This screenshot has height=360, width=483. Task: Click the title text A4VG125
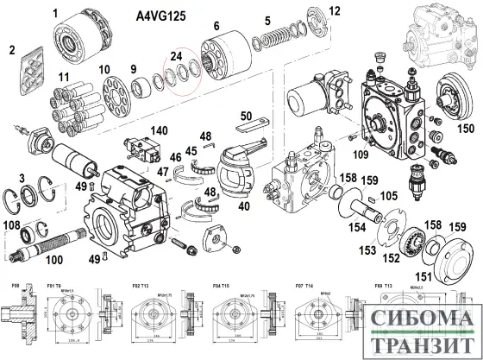point(166,16)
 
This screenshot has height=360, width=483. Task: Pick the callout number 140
point(157,130)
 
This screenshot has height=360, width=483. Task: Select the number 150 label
point(465,129)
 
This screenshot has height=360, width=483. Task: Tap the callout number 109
point(360,155)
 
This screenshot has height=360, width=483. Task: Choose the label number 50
point(246,116)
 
